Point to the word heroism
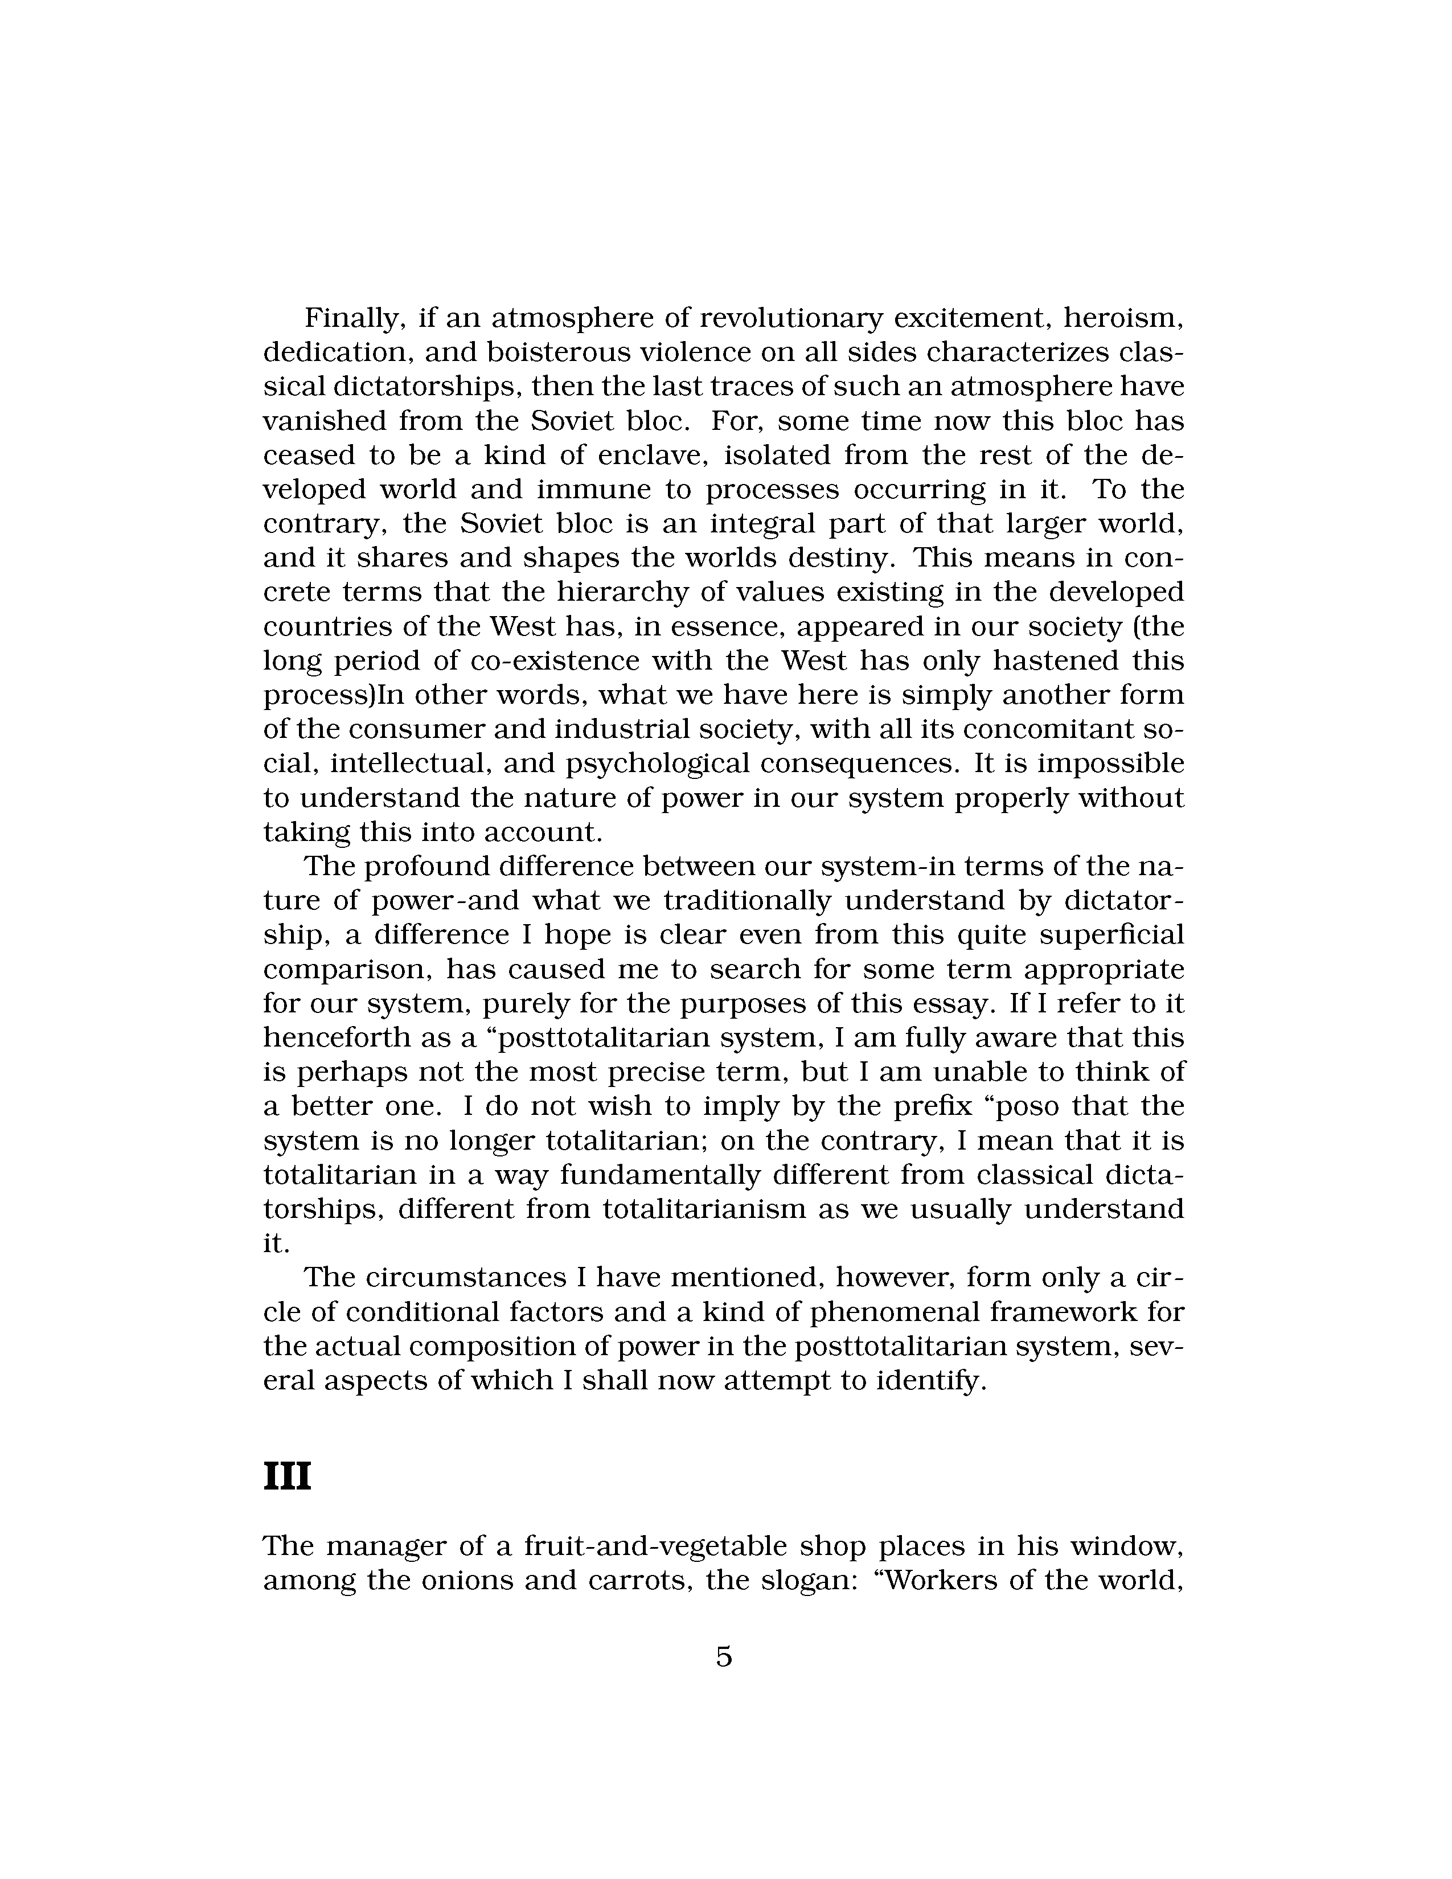click(1123, 318)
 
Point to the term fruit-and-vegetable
click(655, 1546)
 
